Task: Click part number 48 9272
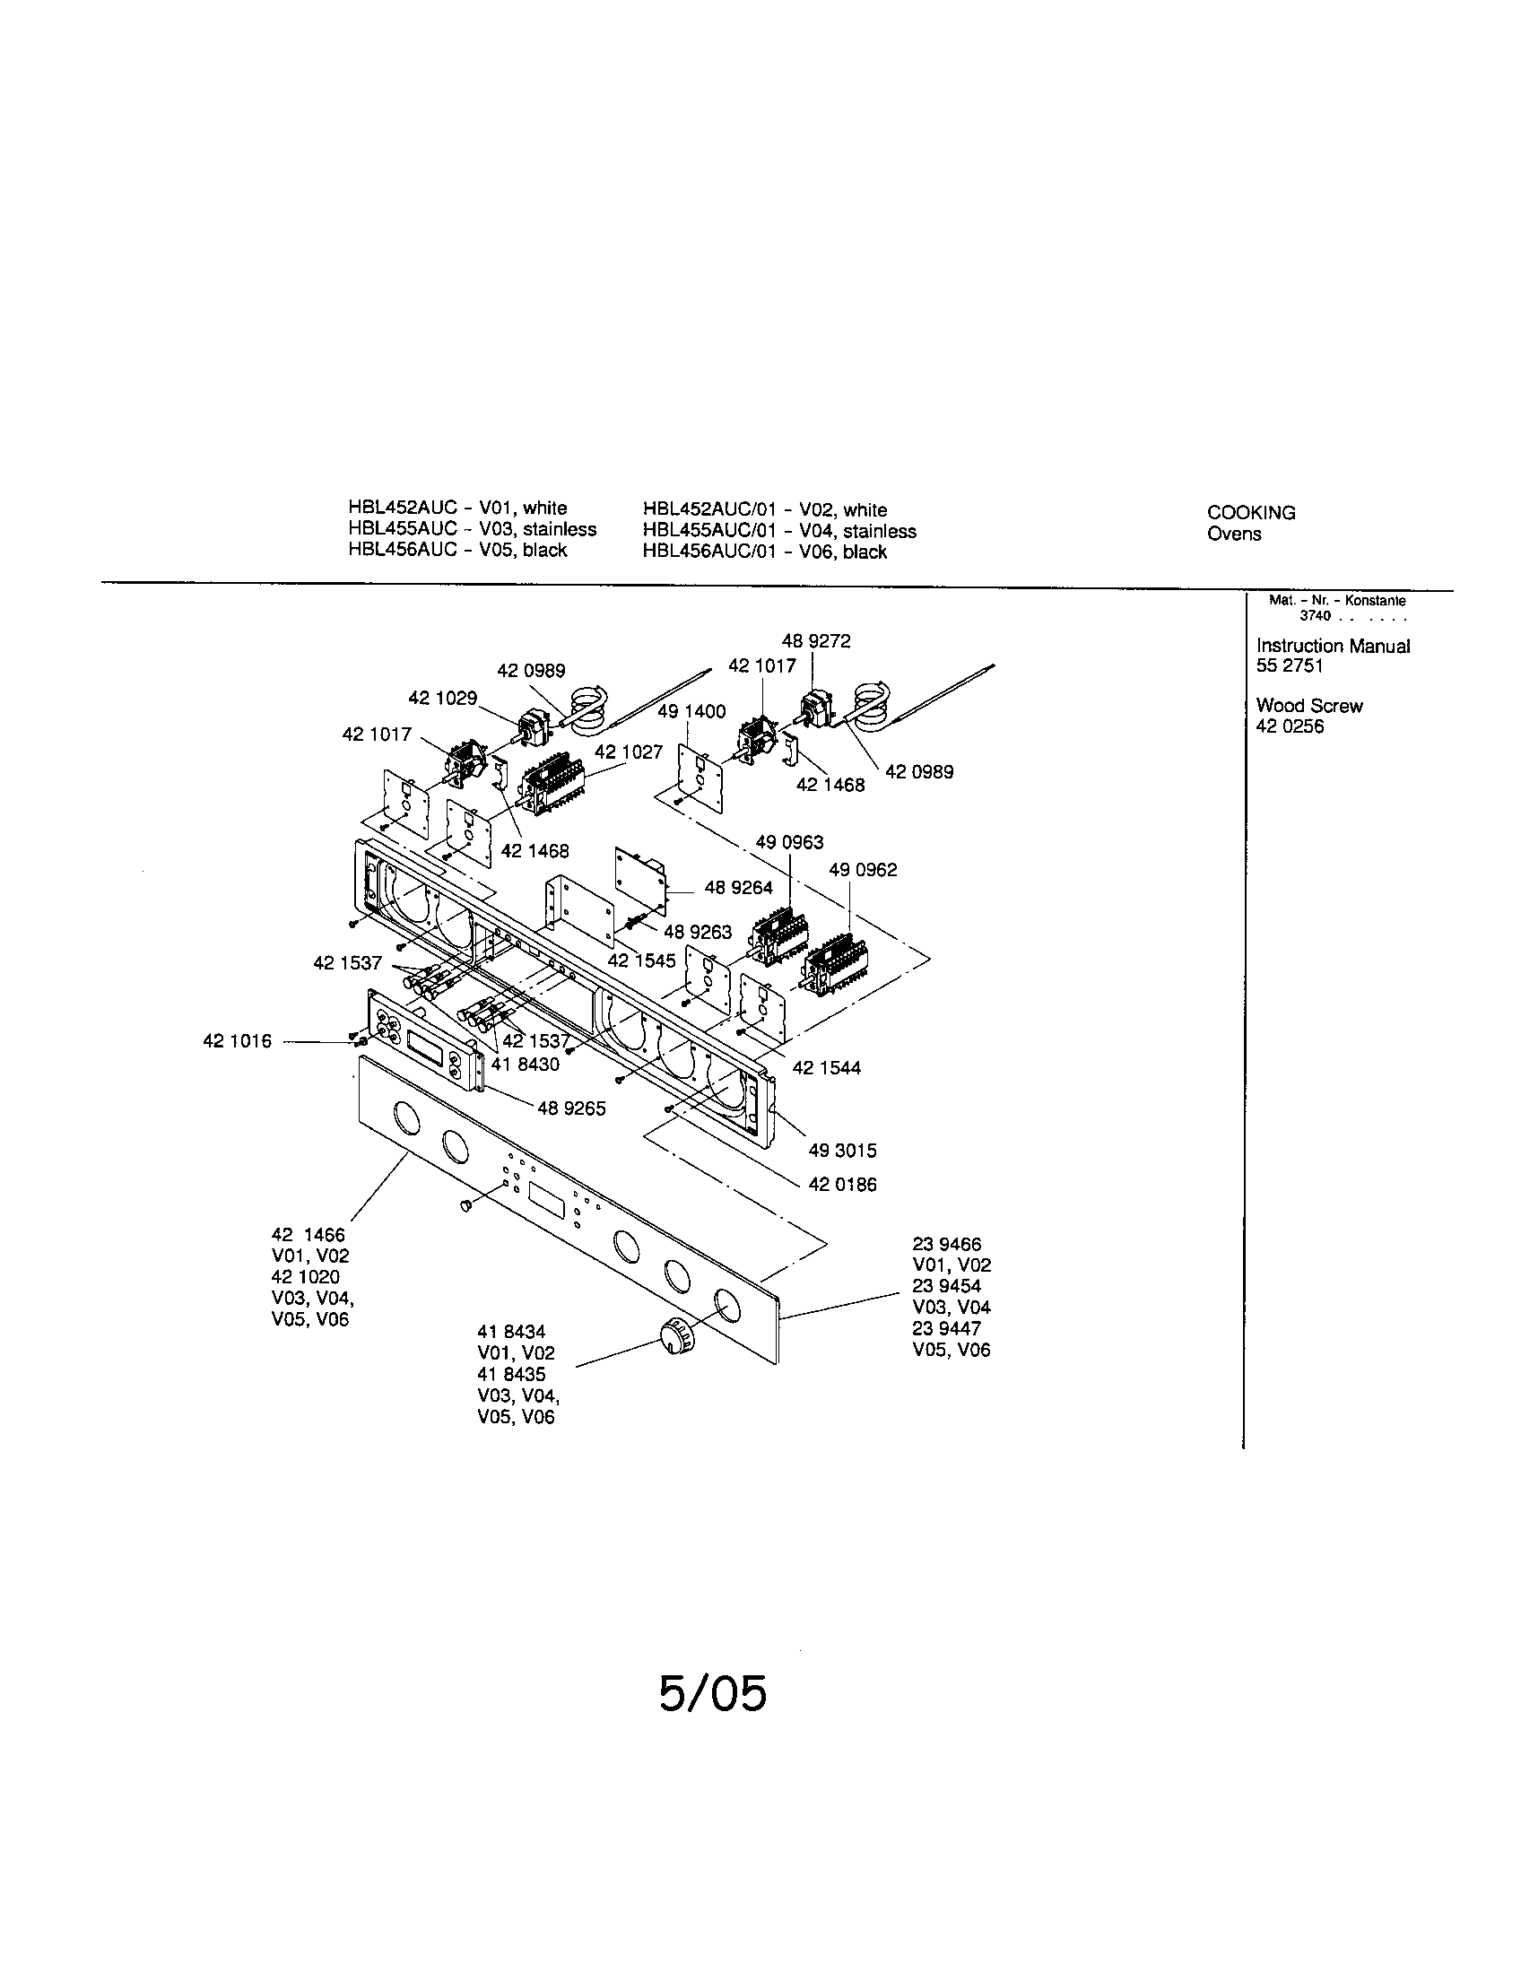(x=815, y=641)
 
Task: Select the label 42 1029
(x=442, y=699)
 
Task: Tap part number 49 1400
(x=691, y=712)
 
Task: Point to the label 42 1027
(x=629, y=752)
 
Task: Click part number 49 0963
(x=789, y=842)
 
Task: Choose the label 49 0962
(x=863, y=870)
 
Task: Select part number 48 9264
(x=738, y=888)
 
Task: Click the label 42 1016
(x=237, y=1041)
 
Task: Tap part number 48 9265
(x=571, y=1108)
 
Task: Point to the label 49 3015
(x=842, y=1151)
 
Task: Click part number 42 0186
(x=842, y=1185)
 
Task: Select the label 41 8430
(x=525, y=1065)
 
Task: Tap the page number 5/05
(x=712, y=1694)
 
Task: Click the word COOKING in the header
(x=1251, y=513)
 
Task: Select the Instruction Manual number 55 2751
(x=1289, y=666)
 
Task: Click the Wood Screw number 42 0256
(x=1289, y=726)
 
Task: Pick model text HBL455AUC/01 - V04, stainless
(x=778, y=531)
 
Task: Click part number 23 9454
(x=945, y=1286)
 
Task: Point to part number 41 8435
(x=511, y=1375)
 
